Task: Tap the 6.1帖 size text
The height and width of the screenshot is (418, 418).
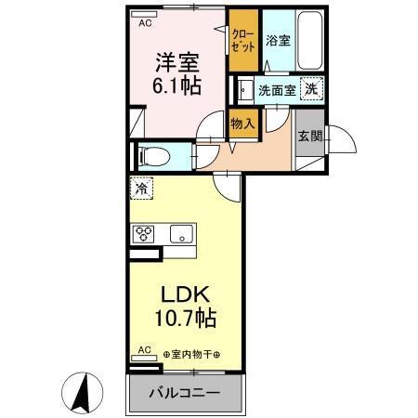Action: click(x=176, y=85)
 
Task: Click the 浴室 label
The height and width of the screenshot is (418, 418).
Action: click(x=278, y=40)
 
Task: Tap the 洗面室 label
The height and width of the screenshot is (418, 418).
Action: click(x=277, y=91)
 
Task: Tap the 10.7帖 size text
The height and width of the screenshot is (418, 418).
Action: click(x=185, y=320)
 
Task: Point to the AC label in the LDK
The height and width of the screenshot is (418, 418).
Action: click(x=144, y=351)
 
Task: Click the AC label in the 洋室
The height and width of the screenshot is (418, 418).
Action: click(x=146, y=24)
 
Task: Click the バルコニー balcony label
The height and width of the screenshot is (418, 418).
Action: click(x=186, y=393)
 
